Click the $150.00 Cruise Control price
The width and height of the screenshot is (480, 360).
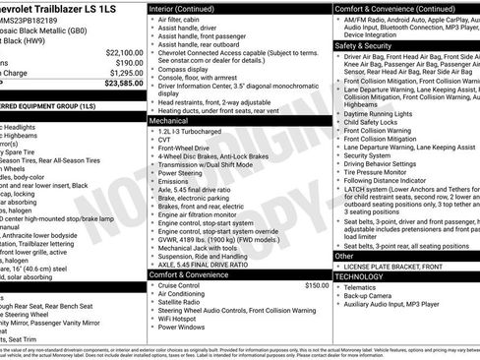pyautogui.click(x=317, y=285)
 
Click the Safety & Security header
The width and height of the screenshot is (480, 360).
pyautogui.click(x=361, y=45)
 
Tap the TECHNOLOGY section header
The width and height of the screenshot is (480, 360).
pyautogui.click(x=359, y=276)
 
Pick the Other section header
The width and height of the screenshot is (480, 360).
pyautogui.click(x=343, y=256)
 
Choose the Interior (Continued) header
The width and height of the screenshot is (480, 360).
pyautogui.click(x=187, y=7)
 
